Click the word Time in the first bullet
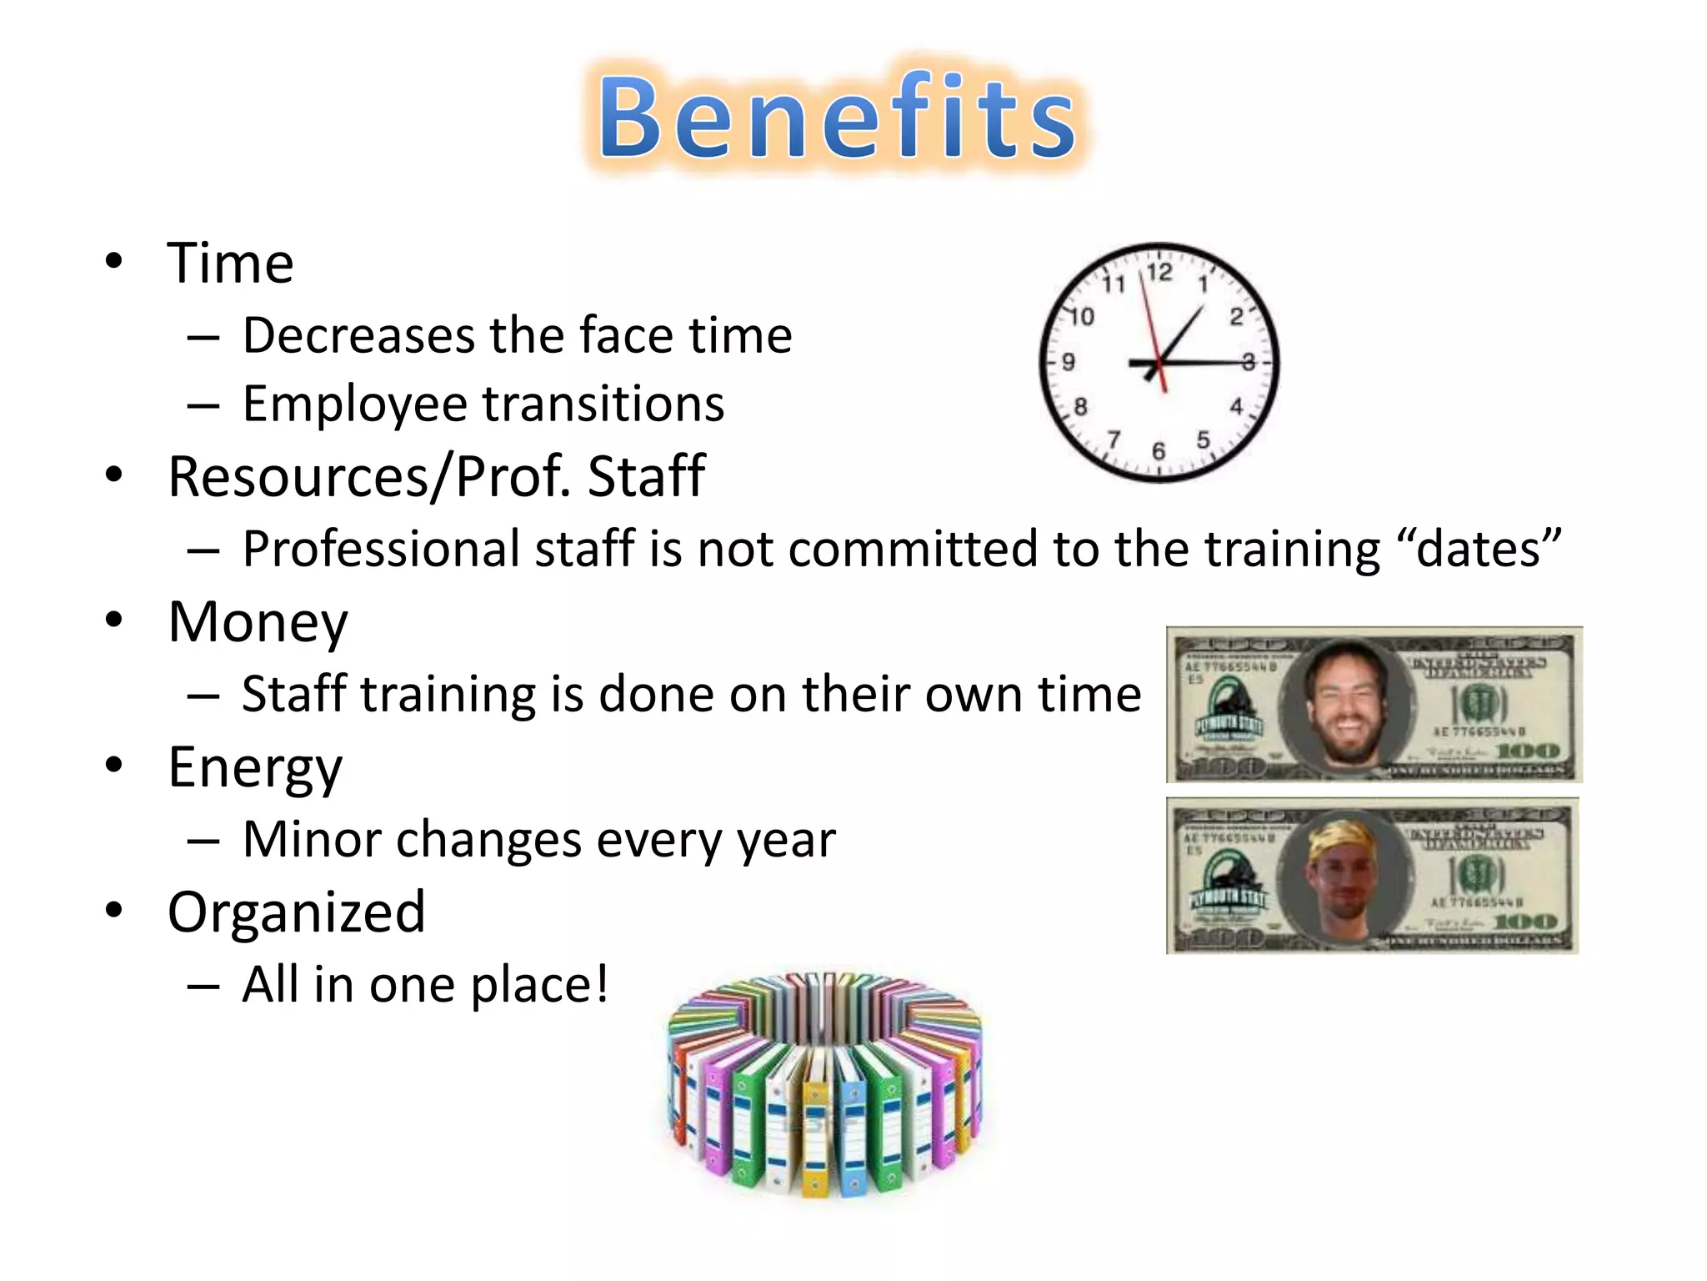(230, 264)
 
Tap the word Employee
(355, 405)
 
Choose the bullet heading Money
(258, 623)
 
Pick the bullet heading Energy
(255, 767)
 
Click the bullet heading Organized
(296, 912)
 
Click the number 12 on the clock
(1159, 273)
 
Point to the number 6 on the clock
(1159, 451)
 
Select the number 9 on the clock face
(1069, 362)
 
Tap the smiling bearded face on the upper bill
(1346, 703)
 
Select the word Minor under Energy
(312, 840)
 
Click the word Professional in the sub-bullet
(380, 550)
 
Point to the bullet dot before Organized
(114, 910)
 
